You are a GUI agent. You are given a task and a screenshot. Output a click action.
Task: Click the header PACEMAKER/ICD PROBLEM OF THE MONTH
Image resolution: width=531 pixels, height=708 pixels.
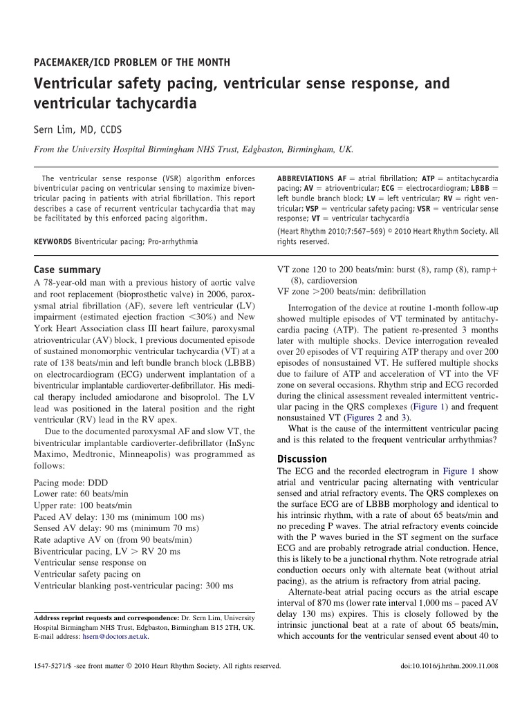tap(132, 62)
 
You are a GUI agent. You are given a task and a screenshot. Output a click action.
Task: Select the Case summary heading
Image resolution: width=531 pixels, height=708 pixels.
tap(67, 270)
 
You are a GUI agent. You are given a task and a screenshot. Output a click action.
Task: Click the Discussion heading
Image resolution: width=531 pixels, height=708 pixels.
tap(302, 459)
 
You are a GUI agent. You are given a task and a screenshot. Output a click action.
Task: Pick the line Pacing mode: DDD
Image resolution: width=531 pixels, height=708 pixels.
tap(71, 483)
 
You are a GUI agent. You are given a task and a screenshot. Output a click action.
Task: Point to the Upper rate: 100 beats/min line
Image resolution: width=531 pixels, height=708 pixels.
tap(83, 505)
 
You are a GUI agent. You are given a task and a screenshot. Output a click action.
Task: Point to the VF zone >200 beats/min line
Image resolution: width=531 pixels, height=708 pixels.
tap(352, 292)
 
